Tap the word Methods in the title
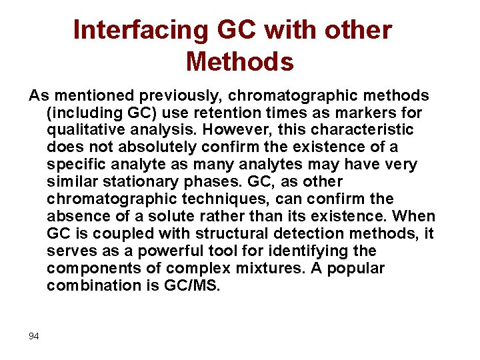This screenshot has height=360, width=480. (x=240, y=61)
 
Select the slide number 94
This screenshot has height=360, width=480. (x=34, y=336)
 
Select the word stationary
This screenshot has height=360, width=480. (x=150, y=181)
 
